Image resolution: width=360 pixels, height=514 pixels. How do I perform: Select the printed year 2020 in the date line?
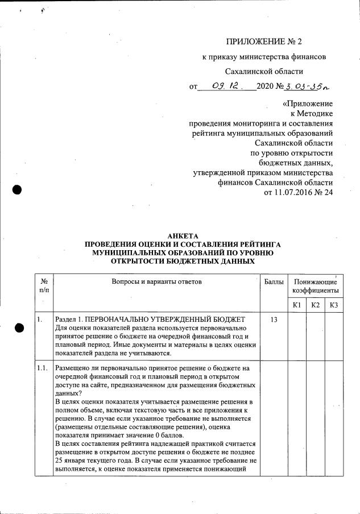[x=265, y=86]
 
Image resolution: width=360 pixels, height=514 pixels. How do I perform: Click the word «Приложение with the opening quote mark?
[x=308, y=104]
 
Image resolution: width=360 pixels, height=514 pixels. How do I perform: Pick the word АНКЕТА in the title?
[x=180, y=237]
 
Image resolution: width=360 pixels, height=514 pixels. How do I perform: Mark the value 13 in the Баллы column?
[x=274, y=320]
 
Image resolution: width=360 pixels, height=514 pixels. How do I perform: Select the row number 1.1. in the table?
[x=42, y=368]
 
